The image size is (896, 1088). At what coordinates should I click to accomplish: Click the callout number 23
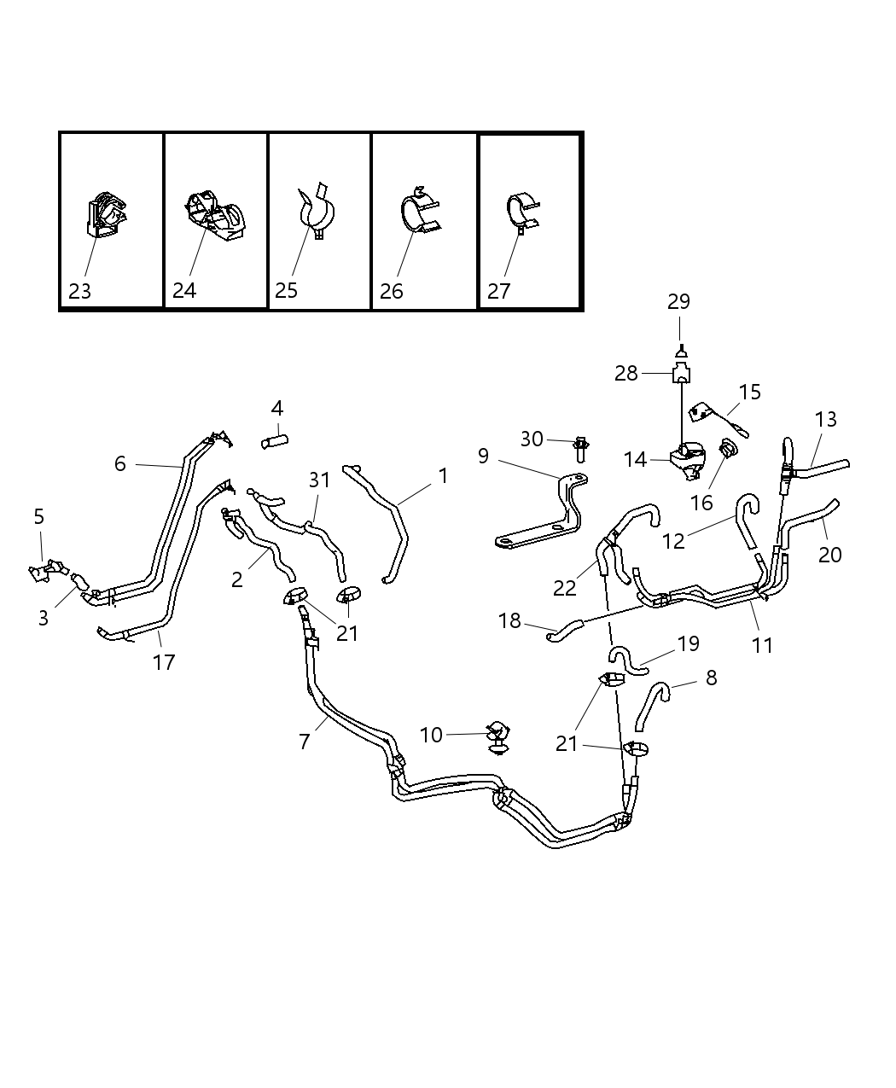(x=79, y=292)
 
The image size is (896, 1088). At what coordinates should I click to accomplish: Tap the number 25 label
(x=286, y=291)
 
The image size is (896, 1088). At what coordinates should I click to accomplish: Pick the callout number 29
(x=679, y=302)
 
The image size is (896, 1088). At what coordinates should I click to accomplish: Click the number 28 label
(x=626, y=374)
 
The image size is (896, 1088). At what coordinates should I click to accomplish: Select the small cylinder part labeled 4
(x=274, y=440)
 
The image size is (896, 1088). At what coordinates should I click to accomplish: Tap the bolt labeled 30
(x=581, y=446)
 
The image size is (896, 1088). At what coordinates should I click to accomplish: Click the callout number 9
(x=483, y=457)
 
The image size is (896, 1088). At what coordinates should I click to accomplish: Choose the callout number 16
(x=701, y=503)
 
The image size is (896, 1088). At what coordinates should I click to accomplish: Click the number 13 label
(x=826, y=420)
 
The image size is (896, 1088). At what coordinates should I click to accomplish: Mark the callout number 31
(x=319, y=480)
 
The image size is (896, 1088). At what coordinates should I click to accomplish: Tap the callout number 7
(x=305, y=742)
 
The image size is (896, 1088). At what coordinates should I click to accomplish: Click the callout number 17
(x=164, y=662)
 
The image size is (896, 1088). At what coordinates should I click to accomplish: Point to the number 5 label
(x=39, y=516)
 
